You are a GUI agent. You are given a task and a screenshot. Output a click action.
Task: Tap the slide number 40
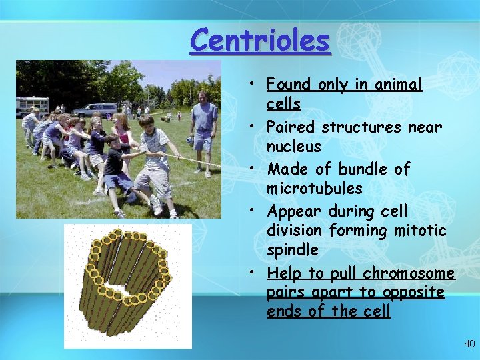pyautogui.click(x=470, y=343)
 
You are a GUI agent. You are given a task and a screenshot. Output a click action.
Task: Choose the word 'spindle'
pyautogui.click(x=293, y=250)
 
